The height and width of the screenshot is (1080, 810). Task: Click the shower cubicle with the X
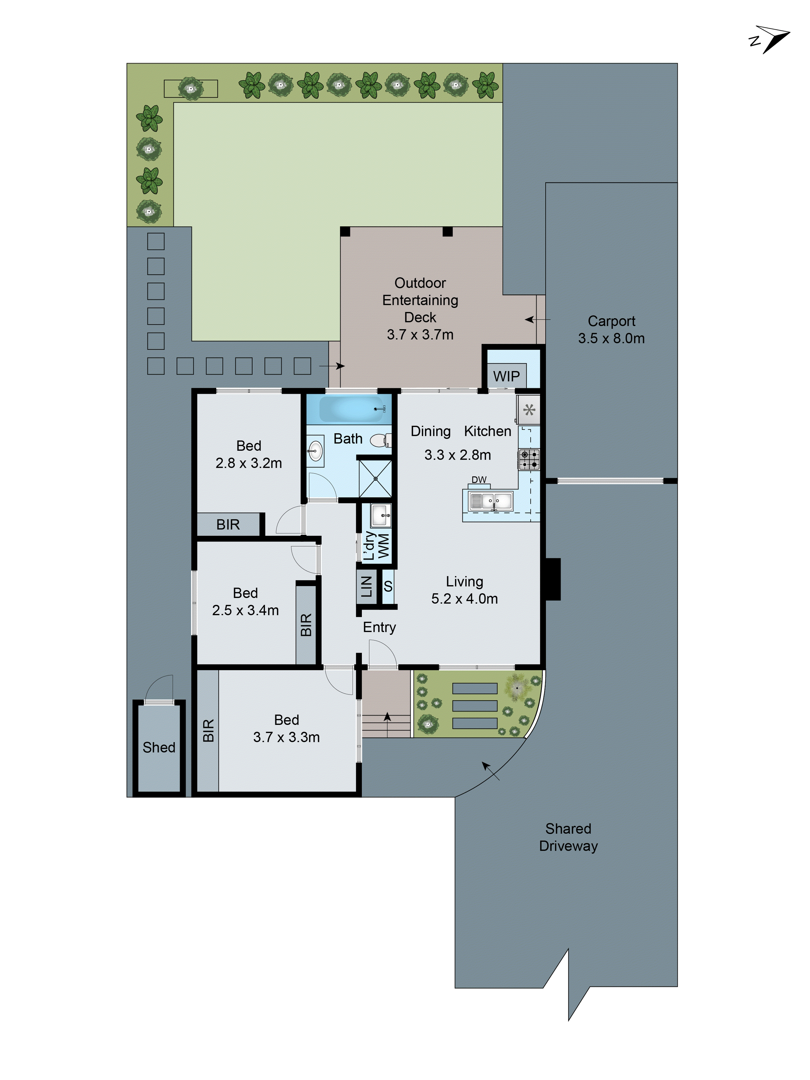coord(375,479)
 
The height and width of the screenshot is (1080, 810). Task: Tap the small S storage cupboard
coord(388,586)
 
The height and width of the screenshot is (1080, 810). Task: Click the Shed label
coord(159,747)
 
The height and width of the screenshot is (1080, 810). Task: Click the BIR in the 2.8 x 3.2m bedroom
coord(228,524)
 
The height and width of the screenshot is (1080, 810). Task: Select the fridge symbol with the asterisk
coord(529,410)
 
